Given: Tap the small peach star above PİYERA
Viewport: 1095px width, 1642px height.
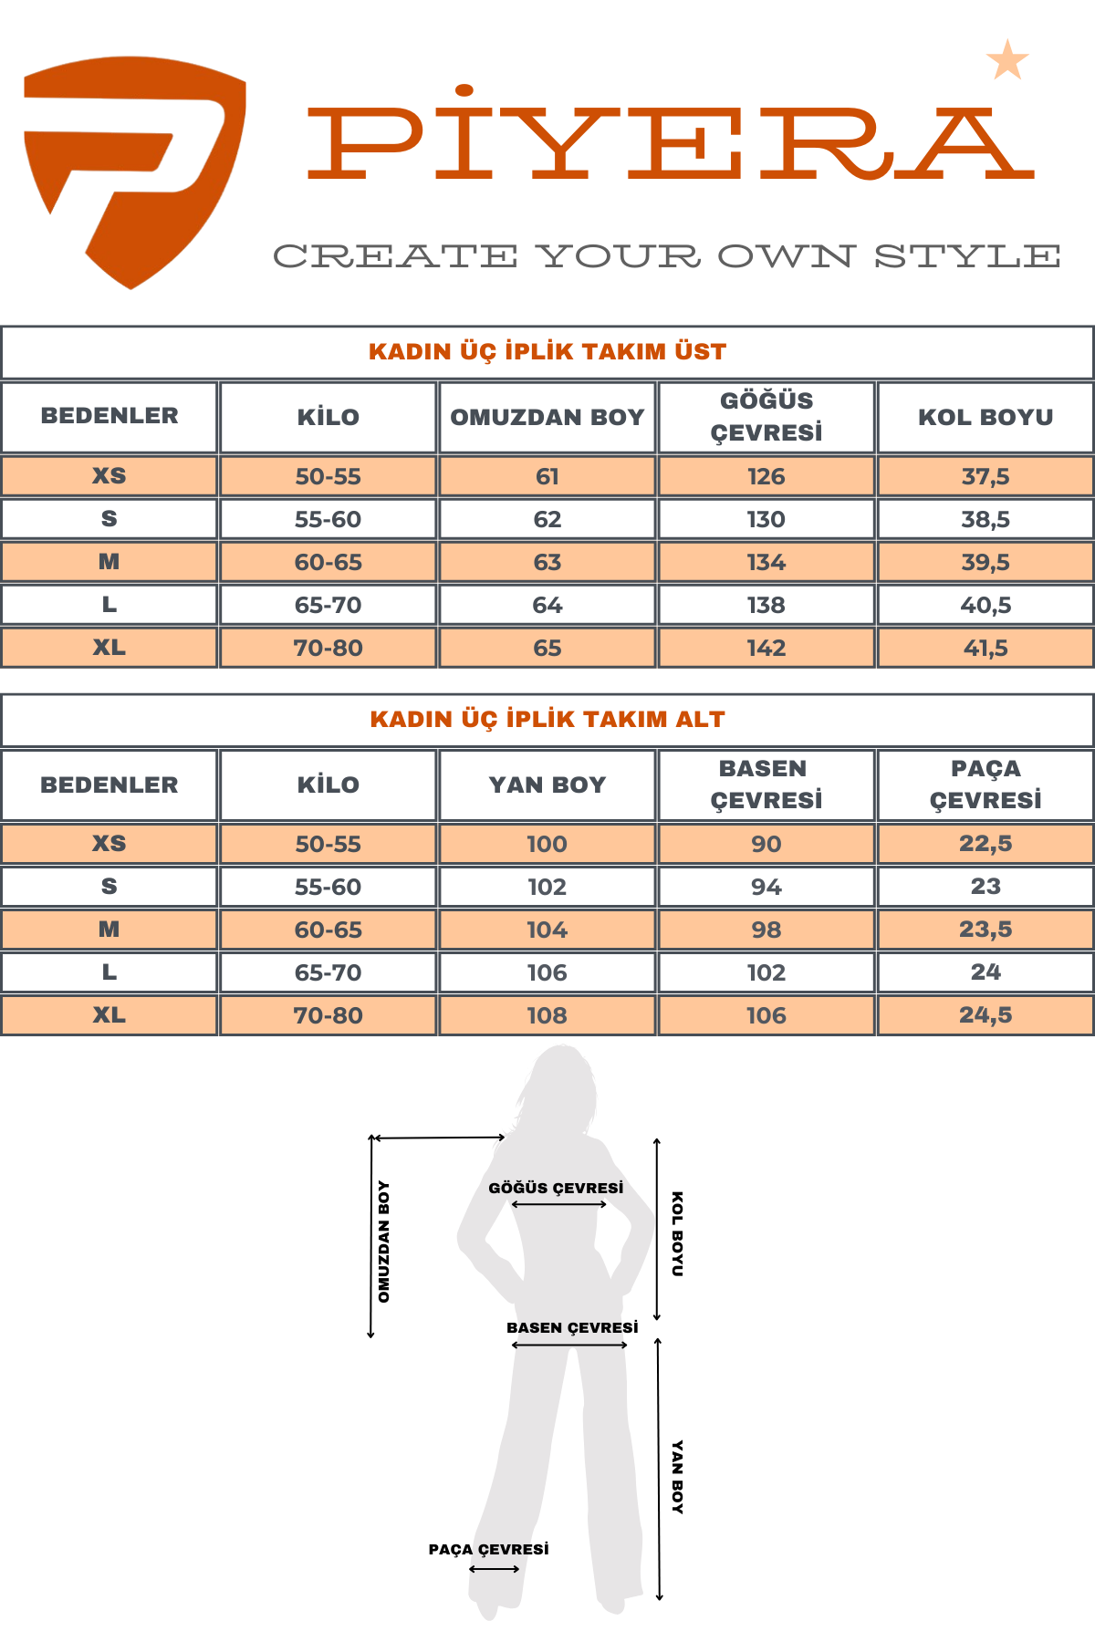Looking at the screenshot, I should click(x=1007, y=61).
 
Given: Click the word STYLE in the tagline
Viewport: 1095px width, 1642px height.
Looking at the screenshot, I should click(x=967, y=256).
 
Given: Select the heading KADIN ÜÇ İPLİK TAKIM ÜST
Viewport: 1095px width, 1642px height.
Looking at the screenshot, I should click(x=547, y=351).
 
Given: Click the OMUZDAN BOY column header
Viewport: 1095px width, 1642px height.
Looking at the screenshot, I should click(x=547, y=417).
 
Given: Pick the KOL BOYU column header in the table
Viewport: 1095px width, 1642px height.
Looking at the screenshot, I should click(x=985, y=417).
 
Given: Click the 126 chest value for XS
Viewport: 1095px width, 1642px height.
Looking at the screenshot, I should click(x=766, y=476).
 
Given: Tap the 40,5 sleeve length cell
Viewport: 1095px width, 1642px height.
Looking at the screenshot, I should click(x=985, y=605).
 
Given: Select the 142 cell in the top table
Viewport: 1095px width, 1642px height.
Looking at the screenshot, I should click(x=766, y=648).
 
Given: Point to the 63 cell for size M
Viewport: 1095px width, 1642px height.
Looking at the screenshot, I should click(x=547, y=562).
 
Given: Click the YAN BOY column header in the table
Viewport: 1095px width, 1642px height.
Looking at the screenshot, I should click(x=547, y=785).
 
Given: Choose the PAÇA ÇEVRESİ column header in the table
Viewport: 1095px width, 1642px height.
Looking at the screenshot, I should click(x=985, y=785).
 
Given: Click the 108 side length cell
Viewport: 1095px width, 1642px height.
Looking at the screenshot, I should click(x=547, y=1015).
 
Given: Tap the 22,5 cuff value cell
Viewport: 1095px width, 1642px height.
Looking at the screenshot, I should click(x=985, y=844).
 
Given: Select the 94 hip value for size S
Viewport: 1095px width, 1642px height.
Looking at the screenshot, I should click(x=766, y=887).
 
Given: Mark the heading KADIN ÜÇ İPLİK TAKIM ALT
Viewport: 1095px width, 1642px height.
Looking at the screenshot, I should click(x=547, y=719).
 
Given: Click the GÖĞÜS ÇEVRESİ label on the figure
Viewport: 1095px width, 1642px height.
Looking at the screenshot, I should click(x=556, y=1188).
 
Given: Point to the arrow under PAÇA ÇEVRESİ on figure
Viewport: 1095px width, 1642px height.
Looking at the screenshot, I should click(x=495, y=1569).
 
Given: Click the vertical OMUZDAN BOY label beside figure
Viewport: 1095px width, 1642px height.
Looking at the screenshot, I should click(x=384, y=1242).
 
